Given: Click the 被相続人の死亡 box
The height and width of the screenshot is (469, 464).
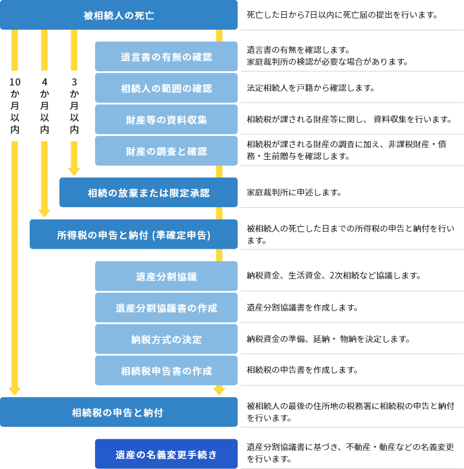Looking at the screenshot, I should point(119,15).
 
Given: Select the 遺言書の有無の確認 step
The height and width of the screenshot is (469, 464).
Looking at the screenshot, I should point(166,57).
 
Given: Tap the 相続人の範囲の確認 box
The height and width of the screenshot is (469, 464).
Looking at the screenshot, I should point(166,88).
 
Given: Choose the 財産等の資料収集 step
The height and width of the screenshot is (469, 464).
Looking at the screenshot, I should point(166,120).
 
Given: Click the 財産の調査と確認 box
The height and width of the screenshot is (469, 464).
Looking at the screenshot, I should point(166,151).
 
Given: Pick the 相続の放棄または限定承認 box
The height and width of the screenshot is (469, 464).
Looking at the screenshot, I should point(149,193).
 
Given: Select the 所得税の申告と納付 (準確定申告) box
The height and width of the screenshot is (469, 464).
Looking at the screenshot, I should point(134,235).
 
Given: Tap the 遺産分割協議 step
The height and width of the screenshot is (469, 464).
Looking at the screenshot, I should point(166,277).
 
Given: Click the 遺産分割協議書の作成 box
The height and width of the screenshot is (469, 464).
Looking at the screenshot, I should point(166,308).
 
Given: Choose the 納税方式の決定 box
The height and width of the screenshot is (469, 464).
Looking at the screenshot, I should point(166,340).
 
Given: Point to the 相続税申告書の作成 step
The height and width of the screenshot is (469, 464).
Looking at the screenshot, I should point(166,371).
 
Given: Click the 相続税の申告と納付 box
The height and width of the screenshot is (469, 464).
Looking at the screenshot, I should point(119,413).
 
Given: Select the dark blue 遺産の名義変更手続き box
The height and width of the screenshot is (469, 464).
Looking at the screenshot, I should point(166,455).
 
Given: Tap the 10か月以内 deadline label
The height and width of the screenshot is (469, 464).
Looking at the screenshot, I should point(15,106).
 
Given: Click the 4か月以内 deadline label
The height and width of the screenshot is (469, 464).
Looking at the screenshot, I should point(45,106).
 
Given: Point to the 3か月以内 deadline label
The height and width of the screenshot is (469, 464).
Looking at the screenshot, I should point(74,106).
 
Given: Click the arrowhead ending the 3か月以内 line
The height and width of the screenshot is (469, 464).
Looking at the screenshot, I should point(74,172).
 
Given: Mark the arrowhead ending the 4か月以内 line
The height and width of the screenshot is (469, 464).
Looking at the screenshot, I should point(45,213).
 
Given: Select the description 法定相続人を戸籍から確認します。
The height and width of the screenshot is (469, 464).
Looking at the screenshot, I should point(311,88).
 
